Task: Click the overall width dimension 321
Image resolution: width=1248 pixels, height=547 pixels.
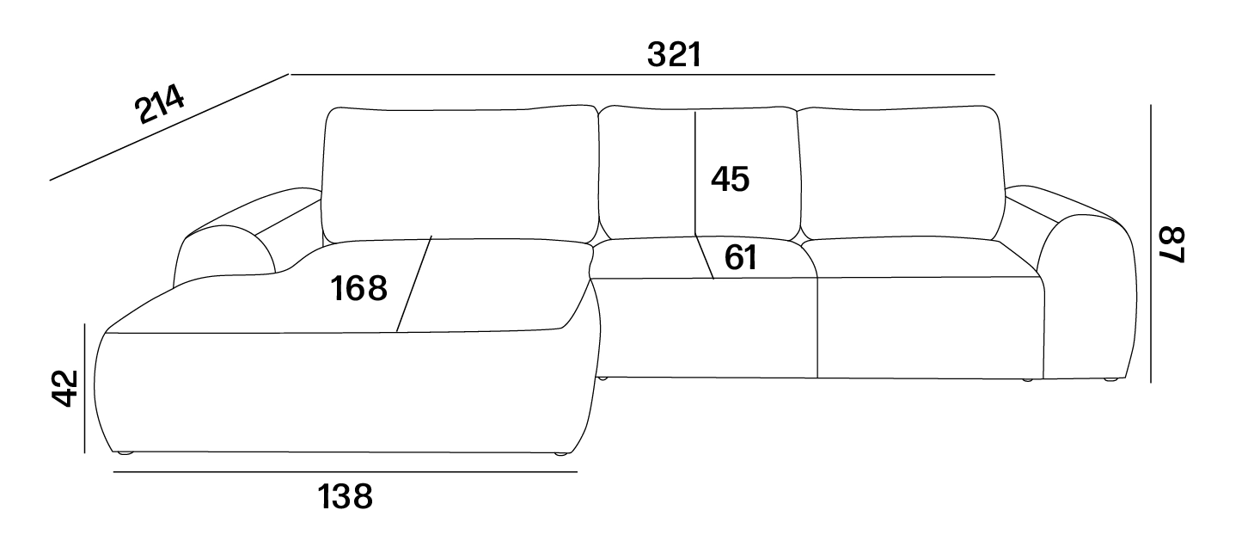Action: (x=674, y=55)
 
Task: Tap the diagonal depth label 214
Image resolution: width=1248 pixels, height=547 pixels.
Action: (x=159, y=104)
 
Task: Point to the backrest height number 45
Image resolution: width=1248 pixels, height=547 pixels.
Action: (x=730, y=180)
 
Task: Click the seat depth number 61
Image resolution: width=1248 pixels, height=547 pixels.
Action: (x=740, y=258)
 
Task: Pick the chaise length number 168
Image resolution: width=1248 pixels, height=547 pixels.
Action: (x=358, y=289)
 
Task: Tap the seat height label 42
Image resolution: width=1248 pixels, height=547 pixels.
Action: (x=65, y=388)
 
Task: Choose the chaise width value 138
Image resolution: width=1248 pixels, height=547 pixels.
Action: (x=345, y=497)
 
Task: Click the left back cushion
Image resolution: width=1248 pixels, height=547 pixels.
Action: (x=460, y=174)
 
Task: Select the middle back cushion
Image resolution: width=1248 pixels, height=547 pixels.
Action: (x=699, y=173)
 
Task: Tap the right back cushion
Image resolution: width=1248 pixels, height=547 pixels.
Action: (x=902, y=173)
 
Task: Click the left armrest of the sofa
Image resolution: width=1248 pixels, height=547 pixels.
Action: (x=234, y=234)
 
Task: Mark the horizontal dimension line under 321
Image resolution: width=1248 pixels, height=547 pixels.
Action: (x=642, y=74)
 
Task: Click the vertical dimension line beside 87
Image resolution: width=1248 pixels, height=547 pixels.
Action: (x=1151, y=243)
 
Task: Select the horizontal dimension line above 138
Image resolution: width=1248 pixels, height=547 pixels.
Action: (x=346, y=472)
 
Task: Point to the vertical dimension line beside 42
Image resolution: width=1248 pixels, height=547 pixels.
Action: (x=85, y=388)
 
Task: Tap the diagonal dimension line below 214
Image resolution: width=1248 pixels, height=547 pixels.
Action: (x=169, y=127)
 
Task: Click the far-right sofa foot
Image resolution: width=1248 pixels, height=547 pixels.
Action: (x=1111, y=380)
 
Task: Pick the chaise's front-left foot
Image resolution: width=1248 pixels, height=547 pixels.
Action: (x=125, y=453)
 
